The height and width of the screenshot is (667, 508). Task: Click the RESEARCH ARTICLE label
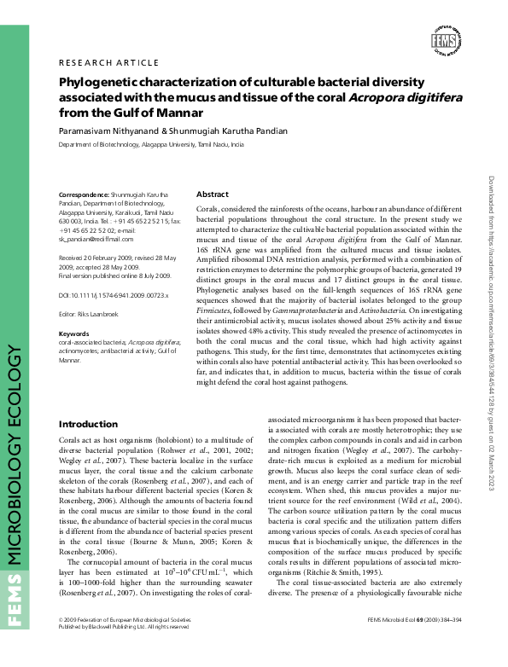(x=108, y=62)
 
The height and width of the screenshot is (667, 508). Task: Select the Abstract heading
(x=213, y=194)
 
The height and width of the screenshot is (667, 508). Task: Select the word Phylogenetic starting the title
(x=103, y=82)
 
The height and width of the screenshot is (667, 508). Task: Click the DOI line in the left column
(x=114, y=295)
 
